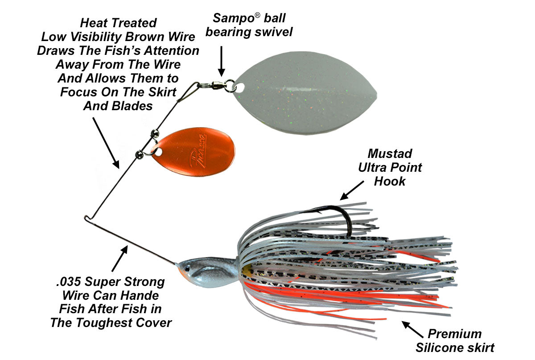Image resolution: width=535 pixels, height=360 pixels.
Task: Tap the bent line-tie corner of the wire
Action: click(86, 218)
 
